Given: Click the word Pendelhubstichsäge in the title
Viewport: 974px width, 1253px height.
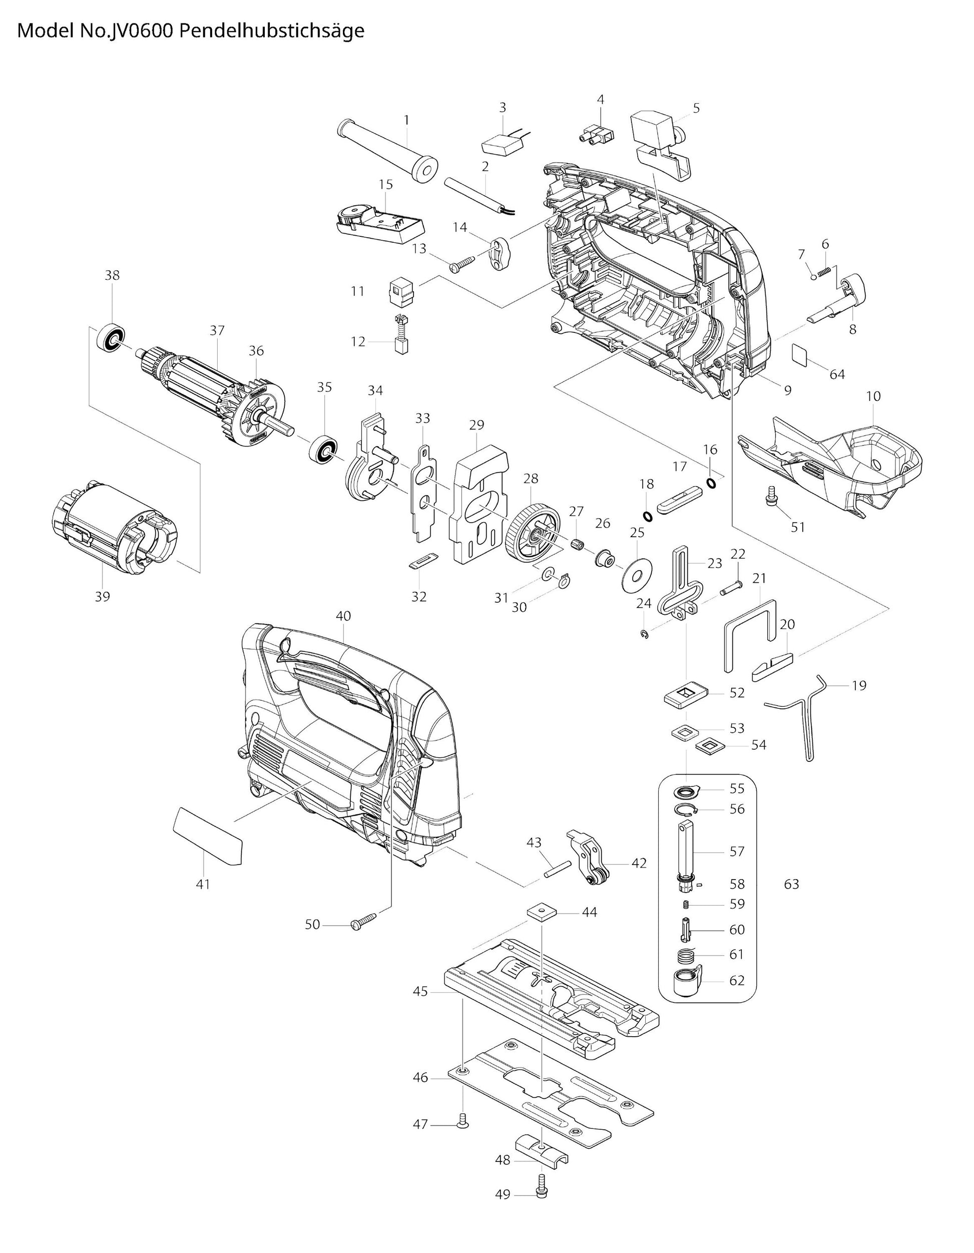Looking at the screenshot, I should click(x=271, y=31).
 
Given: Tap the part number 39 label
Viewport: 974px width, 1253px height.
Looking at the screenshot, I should click(x=102, y=597).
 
